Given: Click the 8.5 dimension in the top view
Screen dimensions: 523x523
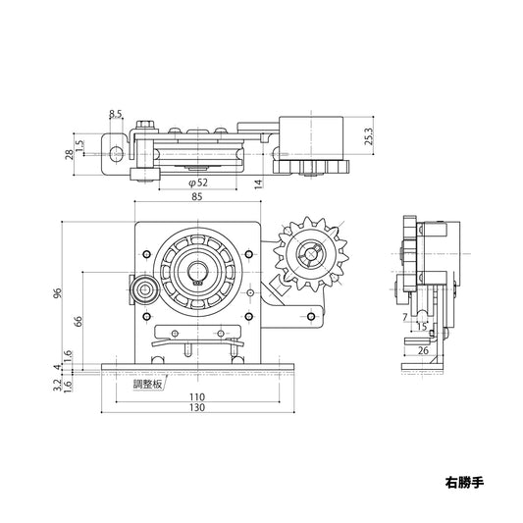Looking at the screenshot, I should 116,114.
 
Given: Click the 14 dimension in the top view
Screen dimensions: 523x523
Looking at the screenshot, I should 256,183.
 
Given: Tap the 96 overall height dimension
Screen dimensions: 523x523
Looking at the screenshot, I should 57,293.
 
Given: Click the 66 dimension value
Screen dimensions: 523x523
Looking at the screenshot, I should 78,321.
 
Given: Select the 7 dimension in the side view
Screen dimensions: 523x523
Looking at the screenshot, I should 405,316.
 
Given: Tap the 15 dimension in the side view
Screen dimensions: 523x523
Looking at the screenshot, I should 422,328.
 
